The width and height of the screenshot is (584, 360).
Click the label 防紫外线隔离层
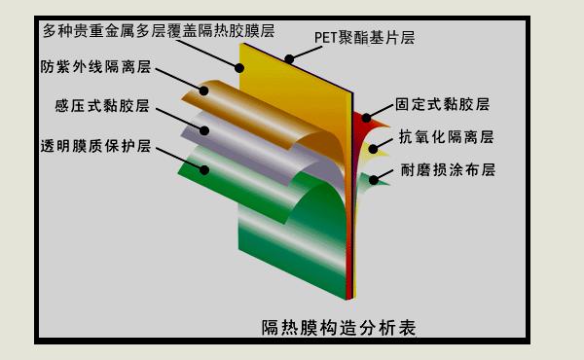tap(95, 68)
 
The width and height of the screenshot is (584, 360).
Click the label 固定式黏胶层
tap(442, 102)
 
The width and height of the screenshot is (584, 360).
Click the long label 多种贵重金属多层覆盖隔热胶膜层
tap(142, 30)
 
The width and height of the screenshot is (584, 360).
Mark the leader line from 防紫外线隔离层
tap(180, 81)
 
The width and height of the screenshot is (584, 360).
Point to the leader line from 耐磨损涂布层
tap(384, 176)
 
